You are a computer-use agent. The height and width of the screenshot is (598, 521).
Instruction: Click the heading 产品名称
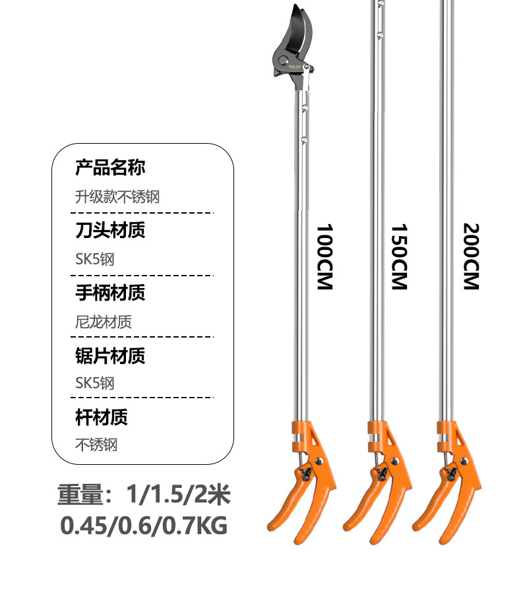[x=109, y=168]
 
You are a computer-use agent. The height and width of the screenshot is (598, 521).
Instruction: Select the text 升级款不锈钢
[x=117, y=196]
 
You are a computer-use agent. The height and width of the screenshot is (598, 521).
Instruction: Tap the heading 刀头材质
[x=109, y=230]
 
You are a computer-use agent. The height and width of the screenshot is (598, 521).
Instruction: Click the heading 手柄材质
[x=109, y=292]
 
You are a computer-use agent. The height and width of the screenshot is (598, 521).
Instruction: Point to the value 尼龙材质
[x=103, y=322]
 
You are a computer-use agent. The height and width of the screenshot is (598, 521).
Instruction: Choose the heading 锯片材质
[x=109, y=355]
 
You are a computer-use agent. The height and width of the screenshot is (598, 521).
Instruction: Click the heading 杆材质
[x=101, y=417]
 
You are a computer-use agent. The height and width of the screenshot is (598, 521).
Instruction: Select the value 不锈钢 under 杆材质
[x=96, y=445]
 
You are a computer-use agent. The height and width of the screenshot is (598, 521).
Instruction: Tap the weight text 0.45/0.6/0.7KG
[x=144, y=525]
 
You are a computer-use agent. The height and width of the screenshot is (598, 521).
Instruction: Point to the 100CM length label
[x=324, y=256]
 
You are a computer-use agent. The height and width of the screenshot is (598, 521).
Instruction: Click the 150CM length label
[x=399, y=256]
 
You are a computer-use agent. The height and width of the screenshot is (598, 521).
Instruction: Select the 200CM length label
[x=471, y=256]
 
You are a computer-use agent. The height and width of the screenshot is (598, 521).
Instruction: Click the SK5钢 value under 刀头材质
[x=95, y=259]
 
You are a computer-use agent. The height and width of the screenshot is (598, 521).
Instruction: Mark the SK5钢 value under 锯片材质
[x=95, y=383]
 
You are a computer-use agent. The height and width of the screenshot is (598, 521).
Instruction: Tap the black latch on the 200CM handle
[x=450, y=473]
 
